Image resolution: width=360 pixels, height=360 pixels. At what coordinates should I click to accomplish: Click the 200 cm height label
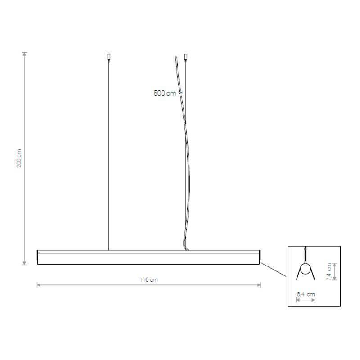click(19, 158)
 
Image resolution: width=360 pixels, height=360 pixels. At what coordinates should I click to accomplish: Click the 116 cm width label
click(148, 279)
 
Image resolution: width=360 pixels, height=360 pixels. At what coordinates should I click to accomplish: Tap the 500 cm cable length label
click(165, 94)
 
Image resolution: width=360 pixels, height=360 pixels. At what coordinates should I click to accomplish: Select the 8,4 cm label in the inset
click(306, 294)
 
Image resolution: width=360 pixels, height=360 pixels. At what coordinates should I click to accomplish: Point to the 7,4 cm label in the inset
click(329, 272)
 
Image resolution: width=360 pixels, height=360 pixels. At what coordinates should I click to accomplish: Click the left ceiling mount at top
click(109, 57)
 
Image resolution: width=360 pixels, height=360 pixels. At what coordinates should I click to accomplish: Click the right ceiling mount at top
click(186, 57)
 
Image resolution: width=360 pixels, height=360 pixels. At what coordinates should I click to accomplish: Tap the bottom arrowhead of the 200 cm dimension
click(25, 263)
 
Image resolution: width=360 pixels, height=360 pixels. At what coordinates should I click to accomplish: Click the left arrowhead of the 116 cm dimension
click(39, 285)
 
